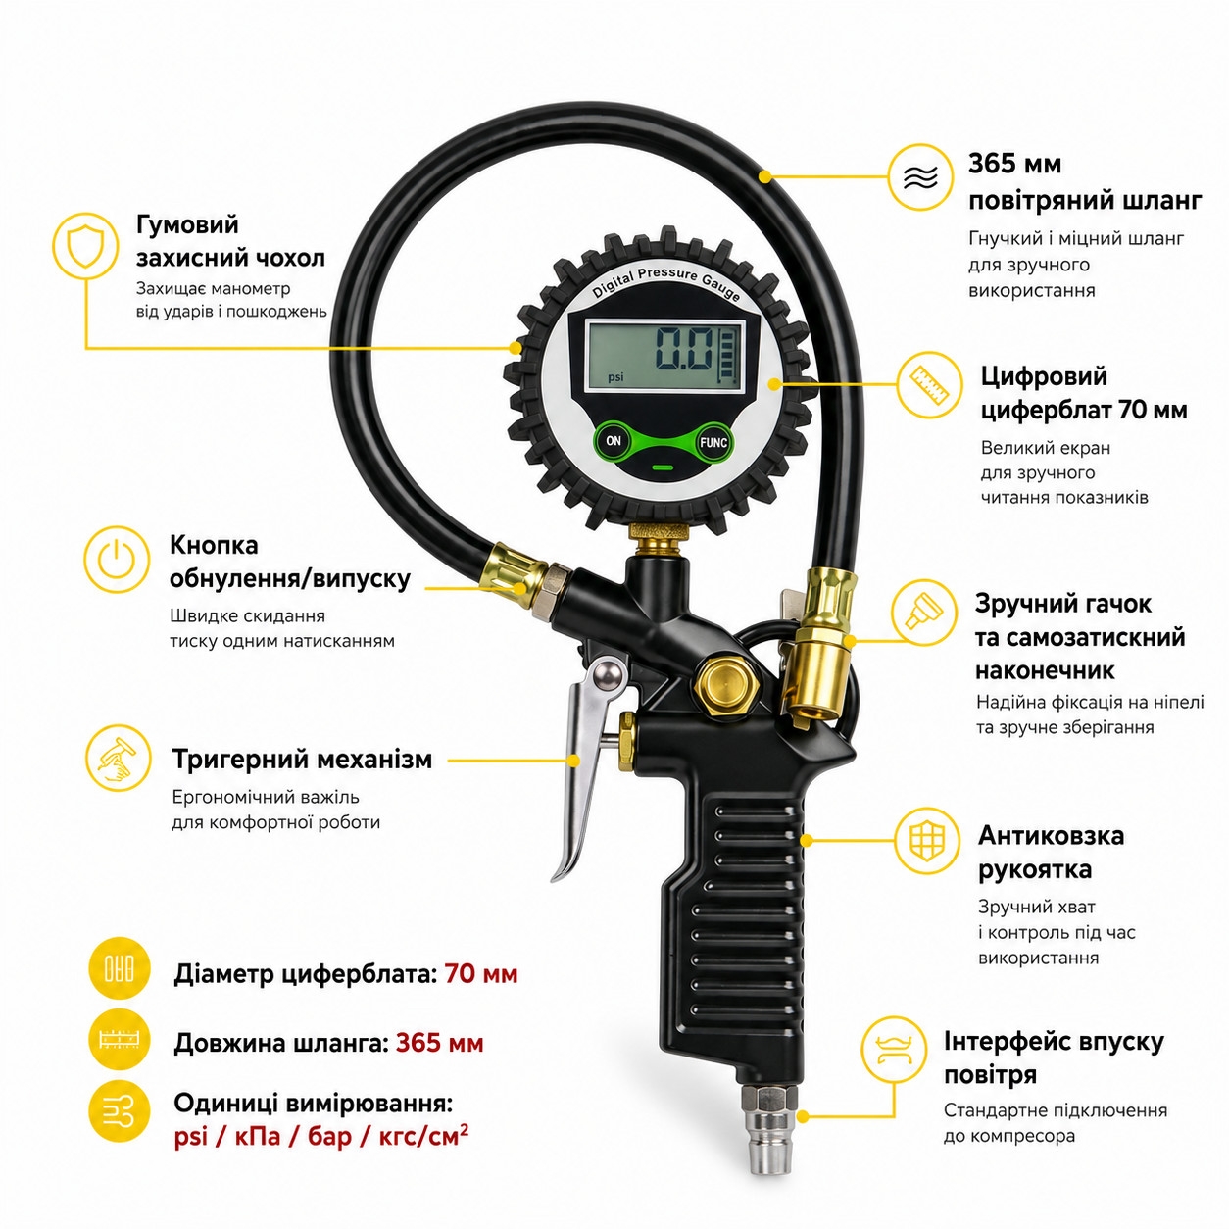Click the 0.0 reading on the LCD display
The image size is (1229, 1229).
[684, 348]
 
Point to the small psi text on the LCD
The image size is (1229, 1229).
[615, 377]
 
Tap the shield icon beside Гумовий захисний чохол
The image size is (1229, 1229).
[85, 246]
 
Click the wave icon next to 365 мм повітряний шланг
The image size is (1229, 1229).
[921, 176]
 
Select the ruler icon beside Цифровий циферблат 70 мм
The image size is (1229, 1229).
[929, 384]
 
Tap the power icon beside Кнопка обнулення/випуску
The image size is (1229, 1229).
[117, 560]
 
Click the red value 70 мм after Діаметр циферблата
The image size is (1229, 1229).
[481, 973]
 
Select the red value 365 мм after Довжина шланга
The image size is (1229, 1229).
[439, 1043]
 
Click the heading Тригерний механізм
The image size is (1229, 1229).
[302, 759]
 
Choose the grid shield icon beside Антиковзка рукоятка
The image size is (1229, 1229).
[927, 841]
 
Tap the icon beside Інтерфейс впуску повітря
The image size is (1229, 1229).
[894, 1050]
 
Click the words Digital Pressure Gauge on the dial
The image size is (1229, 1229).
[665, 281]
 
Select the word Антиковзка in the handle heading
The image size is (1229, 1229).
[1051, 835]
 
